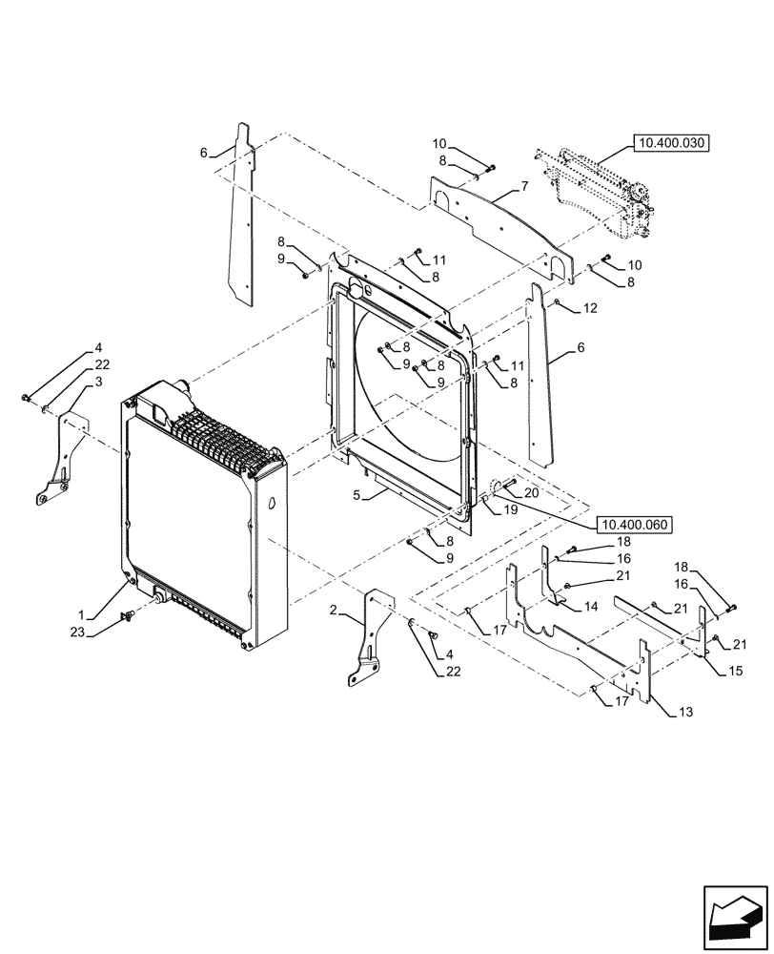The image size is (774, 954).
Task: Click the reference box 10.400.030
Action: (671, 143)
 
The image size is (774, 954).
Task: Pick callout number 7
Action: (551, 185)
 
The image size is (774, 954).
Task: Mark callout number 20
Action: (531, 493)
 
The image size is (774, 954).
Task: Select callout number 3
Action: (98, 382)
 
